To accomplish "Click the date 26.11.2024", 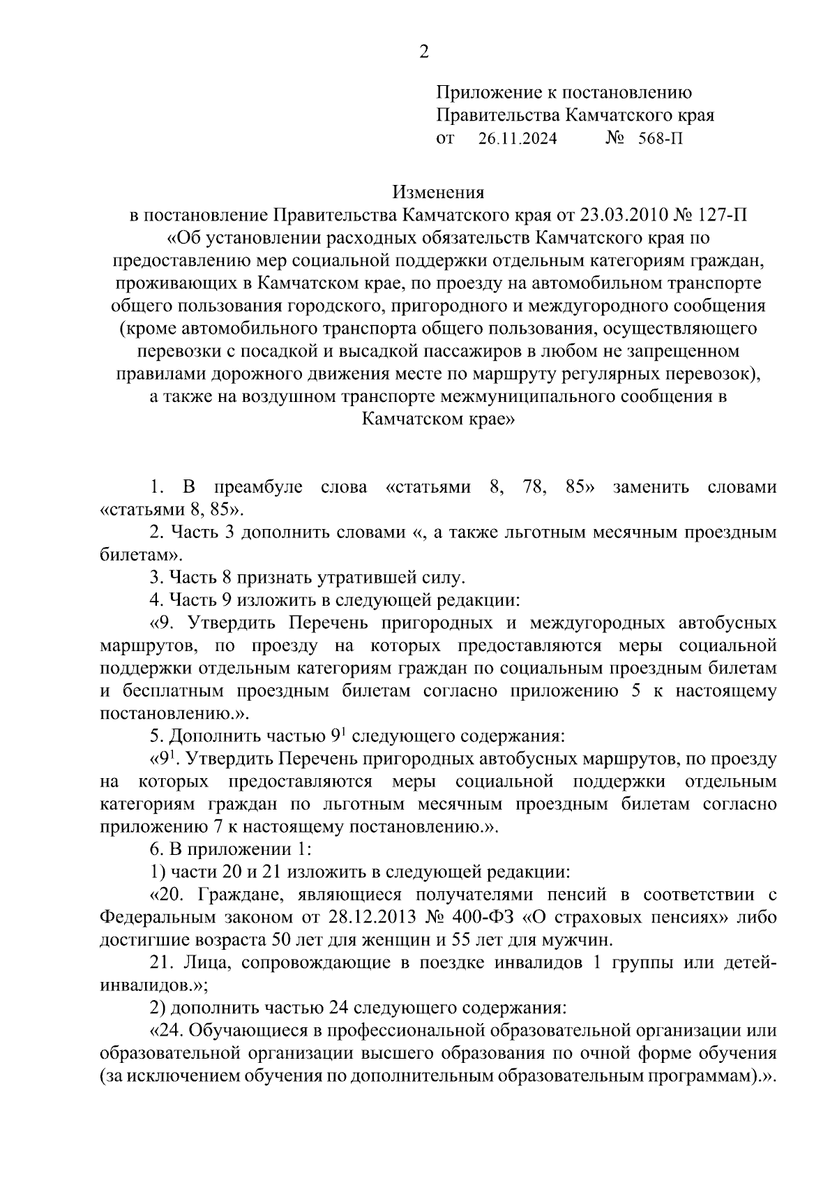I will pyautogui.click(x=518, y=139).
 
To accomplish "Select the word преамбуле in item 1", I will pyautogui.click(x=257, y=487).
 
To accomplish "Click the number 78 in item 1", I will pyautogui.click(x=533, y=487).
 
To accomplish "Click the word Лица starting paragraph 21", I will pyautogui.click(x=202, y=963).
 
